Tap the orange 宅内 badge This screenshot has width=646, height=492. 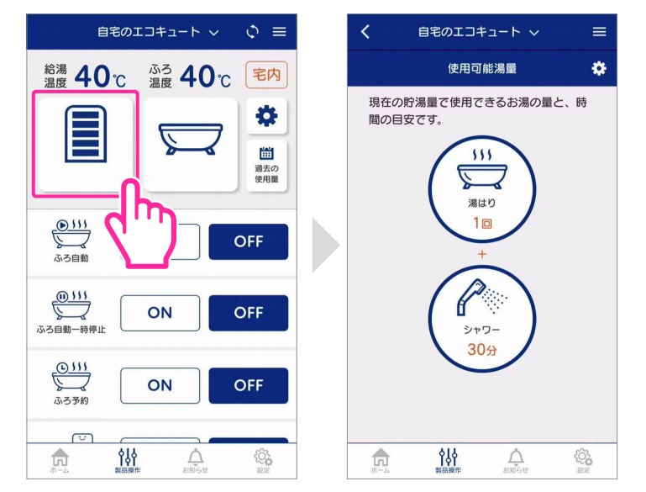point(265,76)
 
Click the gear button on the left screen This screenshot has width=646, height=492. point(267,116)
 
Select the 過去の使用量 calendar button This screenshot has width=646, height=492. point(267,164)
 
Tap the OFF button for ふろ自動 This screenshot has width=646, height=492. point(249,241)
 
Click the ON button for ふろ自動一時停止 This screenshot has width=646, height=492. point(160,313)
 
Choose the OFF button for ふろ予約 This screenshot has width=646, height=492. point(249,385)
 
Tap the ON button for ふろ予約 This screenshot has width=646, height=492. point(160,385)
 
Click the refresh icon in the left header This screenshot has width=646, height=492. point(253,32)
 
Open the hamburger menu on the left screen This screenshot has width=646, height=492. point(279,32)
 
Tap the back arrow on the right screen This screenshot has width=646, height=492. point(365,32)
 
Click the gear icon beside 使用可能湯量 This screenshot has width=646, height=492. point(598,68)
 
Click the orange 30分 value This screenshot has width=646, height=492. point(481,349)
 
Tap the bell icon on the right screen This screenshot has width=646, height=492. point(517,457)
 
